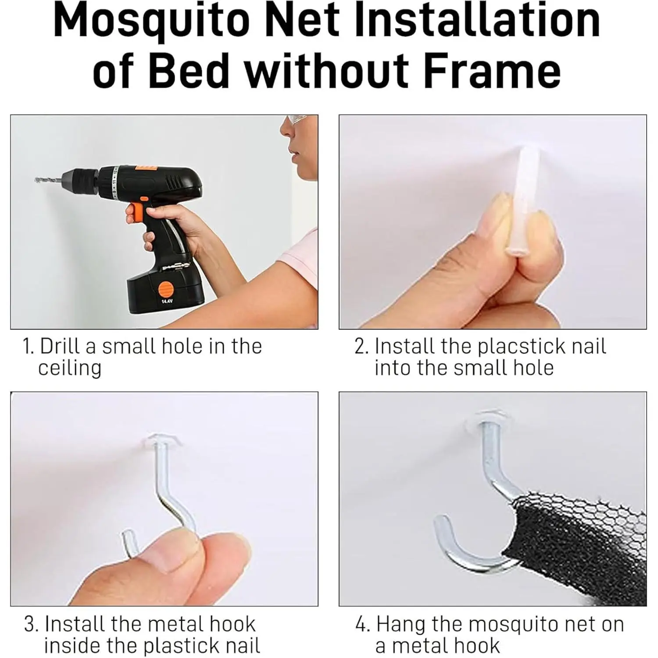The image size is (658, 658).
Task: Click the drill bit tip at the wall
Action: tap(36, 179)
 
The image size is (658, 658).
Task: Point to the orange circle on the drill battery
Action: tap(166, 290)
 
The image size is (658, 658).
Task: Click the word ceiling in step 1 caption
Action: tap(70, 368)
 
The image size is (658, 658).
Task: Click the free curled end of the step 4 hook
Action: tap(441, 524)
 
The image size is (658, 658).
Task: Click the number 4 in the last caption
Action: tap(361, 624)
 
